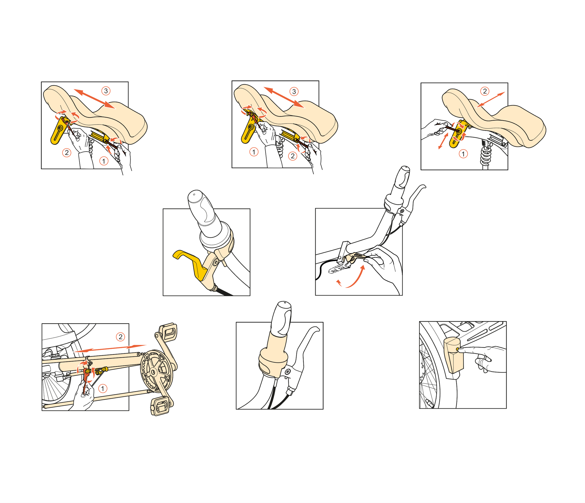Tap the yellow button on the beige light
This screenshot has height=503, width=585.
457,350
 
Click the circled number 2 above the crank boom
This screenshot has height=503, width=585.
121,337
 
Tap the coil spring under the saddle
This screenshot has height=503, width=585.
486,155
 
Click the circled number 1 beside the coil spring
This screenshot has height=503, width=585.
463,154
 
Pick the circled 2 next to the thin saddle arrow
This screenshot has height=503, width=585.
485,91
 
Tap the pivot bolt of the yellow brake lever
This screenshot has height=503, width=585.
216,262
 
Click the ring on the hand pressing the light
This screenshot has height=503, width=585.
485,359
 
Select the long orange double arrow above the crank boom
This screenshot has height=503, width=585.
110,348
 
